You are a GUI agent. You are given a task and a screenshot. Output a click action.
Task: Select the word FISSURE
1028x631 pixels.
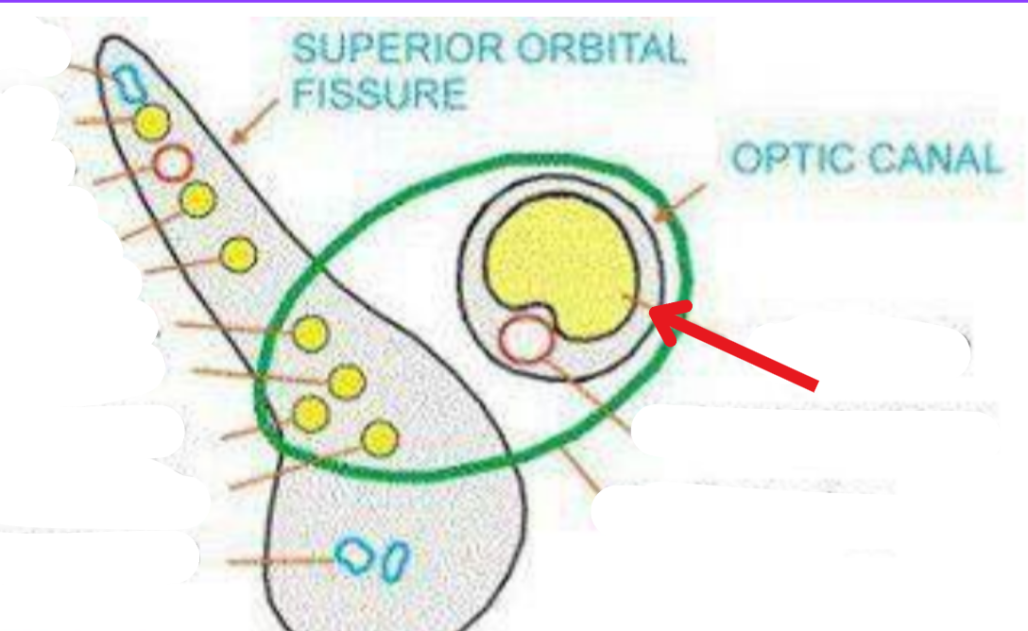click(380, 94)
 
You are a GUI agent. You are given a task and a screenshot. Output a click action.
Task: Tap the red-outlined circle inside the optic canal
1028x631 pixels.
click(524, 340)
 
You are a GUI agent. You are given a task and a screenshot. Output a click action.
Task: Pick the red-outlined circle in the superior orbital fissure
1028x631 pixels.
click(172, 162)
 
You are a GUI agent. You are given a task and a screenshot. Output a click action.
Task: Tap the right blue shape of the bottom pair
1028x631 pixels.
click(396, 559)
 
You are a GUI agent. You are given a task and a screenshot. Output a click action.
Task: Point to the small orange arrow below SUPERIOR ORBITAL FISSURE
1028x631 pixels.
click(255, 121)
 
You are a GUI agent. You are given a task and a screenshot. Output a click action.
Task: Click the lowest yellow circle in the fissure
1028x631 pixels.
click(380, 438)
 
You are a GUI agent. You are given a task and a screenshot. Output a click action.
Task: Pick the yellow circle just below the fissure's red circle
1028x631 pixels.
click(197, 199)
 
